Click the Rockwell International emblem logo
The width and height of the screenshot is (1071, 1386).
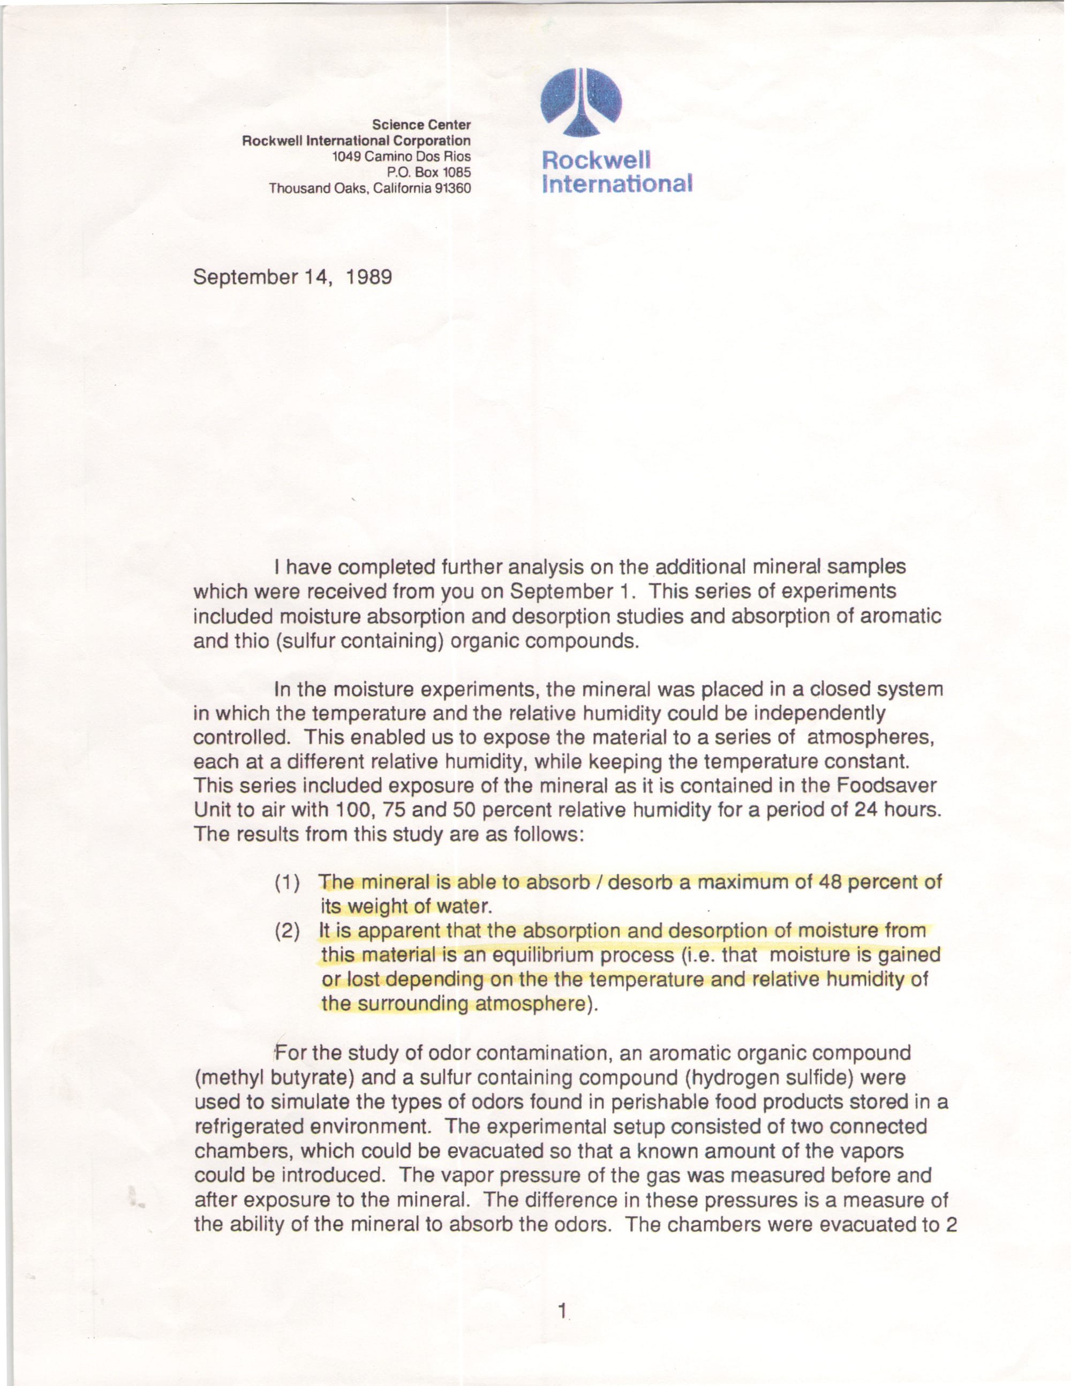580,102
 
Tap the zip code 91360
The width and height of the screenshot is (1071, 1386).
452,189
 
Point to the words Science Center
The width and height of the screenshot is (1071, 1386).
421,124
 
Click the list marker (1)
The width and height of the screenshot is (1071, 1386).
287,883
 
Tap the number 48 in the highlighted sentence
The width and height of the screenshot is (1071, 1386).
831,882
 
